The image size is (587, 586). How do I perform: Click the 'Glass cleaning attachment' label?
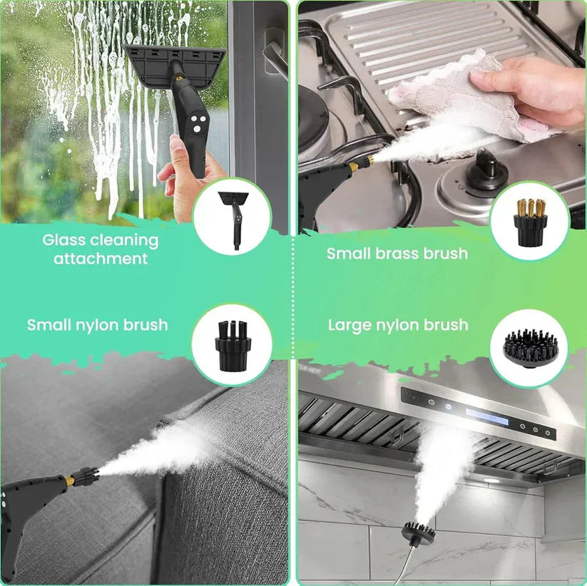tap(100, 249)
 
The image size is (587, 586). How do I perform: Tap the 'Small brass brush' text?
tap(397, 253)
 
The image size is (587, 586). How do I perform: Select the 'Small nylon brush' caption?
tap(98, 325)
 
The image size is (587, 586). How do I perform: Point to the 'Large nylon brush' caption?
tap(398, 325)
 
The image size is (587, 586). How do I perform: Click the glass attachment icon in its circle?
tap(232, 217)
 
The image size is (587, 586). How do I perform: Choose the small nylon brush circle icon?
tap(232, 344)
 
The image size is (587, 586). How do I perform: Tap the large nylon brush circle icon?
tap(529, 349)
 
